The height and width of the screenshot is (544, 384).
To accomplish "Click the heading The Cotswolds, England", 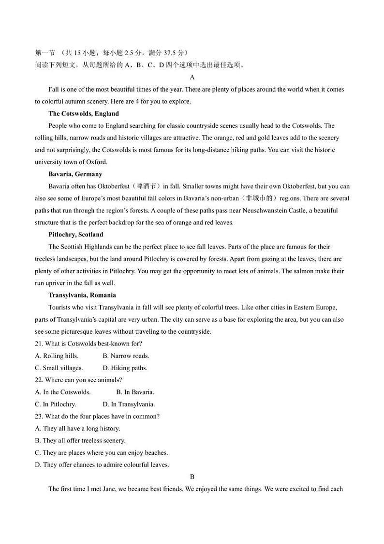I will [x=83, y=114].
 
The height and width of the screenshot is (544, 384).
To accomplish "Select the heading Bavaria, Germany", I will [x=75, y=174].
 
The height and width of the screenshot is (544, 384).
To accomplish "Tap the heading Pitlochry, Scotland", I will [x=76, y=235].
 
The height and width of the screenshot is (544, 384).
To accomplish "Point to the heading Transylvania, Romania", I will [x=82, y=295].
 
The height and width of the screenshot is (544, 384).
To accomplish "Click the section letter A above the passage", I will [x=192, y=78].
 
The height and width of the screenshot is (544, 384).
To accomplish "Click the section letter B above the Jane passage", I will [x=192, y=477].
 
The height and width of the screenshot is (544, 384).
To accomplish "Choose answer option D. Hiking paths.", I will [x=125, y=368].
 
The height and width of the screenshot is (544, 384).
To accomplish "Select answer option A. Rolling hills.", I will [x=57, y=356].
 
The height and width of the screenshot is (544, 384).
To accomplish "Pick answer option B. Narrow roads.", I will [x=126, y=356].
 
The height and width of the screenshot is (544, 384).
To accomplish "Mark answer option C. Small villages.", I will [x=59, y=368].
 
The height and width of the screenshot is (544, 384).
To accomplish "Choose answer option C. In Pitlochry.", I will [x=56, y=404].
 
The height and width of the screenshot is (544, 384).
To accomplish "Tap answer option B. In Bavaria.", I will [x=135, y=392].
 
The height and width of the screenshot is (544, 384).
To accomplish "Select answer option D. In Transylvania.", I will [x=129, y=404].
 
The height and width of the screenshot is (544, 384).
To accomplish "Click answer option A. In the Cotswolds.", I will [x=63, y=392].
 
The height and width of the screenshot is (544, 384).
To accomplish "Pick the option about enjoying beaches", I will [x=102, y=453].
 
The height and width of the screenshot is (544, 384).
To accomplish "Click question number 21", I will [x=39, y=344].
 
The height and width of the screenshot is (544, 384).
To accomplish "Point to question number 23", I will [x=39, y=417].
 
